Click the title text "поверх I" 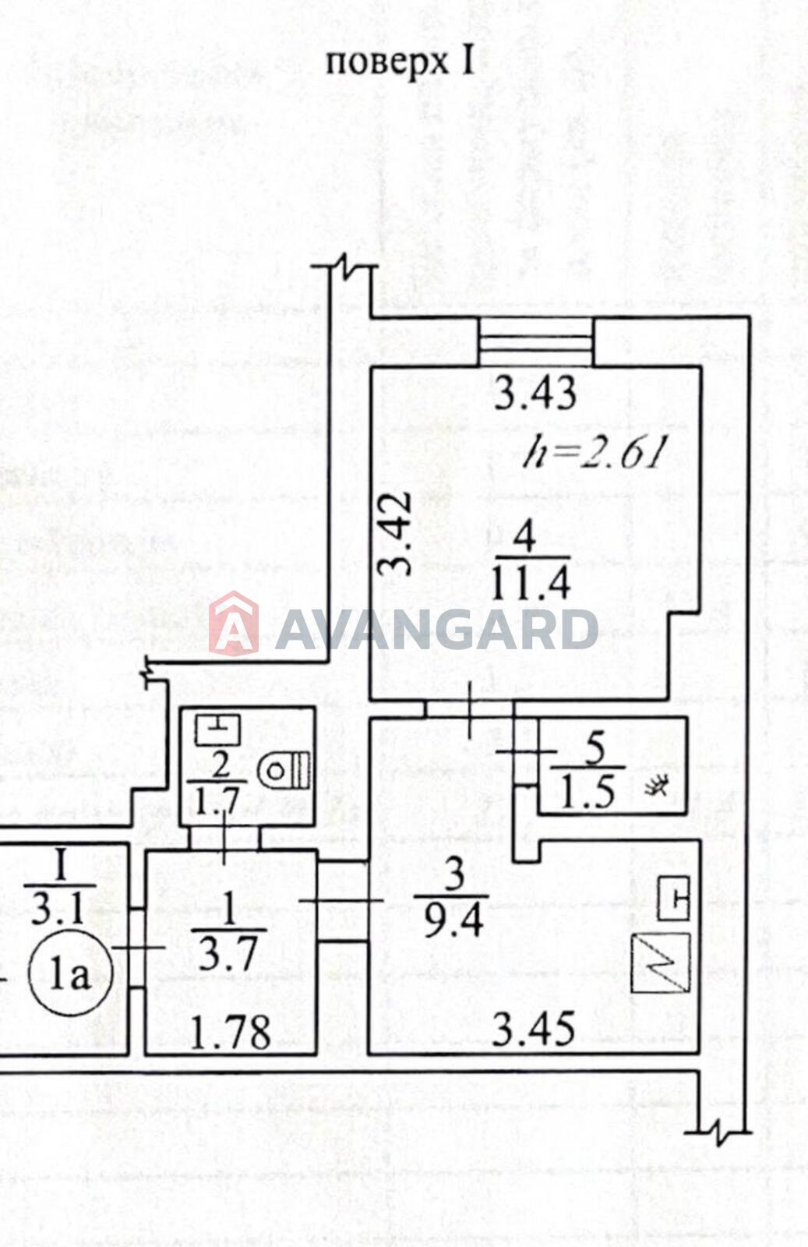[400, 62]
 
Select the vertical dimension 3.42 [394, 533]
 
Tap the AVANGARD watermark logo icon [234, 623]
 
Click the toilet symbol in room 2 [284, 771]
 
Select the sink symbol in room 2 [217, 729]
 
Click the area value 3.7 [228, 956]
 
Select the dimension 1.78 [231, 1033]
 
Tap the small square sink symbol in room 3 [673, 898]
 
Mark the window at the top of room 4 [536, 342]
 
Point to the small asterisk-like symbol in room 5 [656, 786]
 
